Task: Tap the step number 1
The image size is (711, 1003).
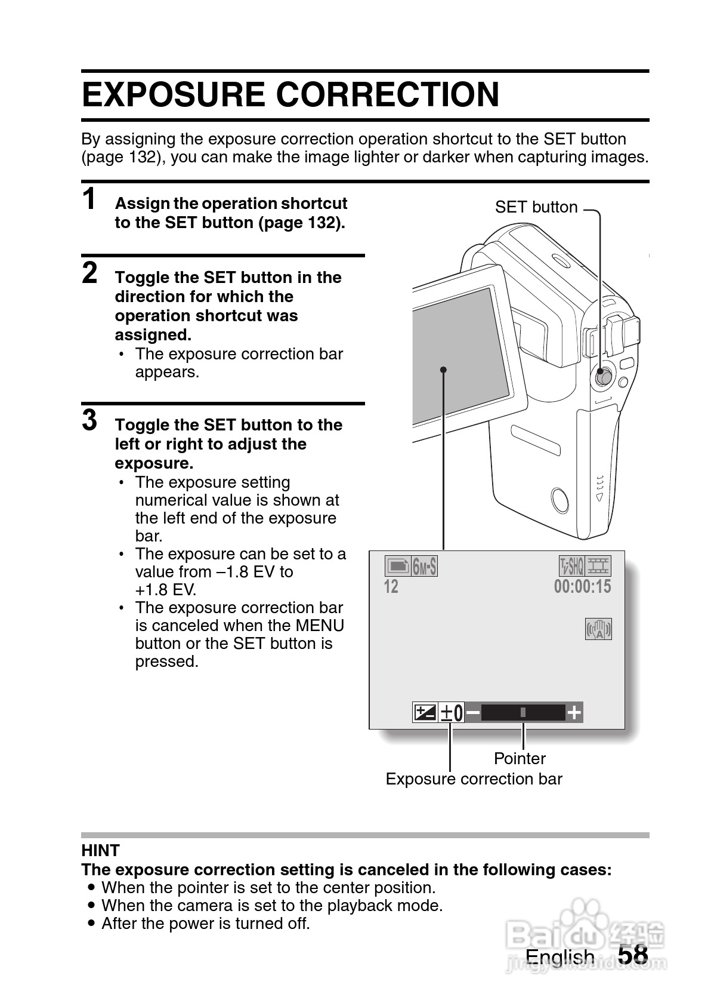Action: pos(89,199)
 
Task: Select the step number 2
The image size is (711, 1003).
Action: pos(89,273)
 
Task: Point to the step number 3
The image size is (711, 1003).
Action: pos(89,420)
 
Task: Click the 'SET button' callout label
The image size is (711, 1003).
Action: pos(536,207)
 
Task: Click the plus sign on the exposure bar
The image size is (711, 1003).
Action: pos(574,713)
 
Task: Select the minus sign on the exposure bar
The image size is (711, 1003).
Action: pos(472,713)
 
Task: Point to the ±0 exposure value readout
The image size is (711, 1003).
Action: pos(452,713)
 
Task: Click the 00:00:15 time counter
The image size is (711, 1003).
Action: pos(582,587)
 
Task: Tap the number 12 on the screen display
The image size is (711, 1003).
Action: pos(391,587)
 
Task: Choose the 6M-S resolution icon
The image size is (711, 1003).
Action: pos(424,566)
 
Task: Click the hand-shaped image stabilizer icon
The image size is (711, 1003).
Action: pos(598,629)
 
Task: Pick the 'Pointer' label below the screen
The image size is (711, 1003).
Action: pos(520,759)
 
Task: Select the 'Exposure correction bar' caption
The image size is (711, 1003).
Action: pos(474,779)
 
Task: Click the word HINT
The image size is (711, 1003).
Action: pos(100,850)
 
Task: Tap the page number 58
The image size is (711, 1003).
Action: pos(633,955)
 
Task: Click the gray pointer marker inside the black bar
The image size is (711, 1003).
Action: pos(523,712)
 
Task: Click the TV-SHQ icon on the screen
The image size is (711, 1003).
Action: pos(571,566)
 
